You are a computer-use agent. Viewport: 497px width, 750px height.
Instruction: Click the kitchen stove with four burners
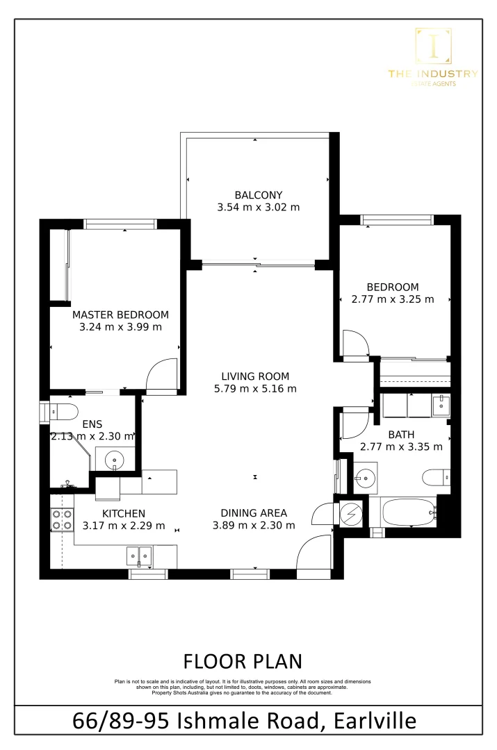(62, 519)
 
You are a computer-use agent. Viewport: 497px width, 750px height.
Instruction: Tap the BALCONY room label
(258, 194)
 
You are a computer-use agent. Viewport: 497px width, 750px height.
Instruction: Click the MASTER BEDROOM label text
(120, 315)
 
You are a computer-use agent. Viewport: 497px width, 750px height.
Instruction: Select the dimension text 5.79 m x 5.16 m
(255, 389)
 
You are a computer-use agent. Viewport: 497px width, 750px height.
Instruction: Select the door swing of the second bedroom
(356, 345)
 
